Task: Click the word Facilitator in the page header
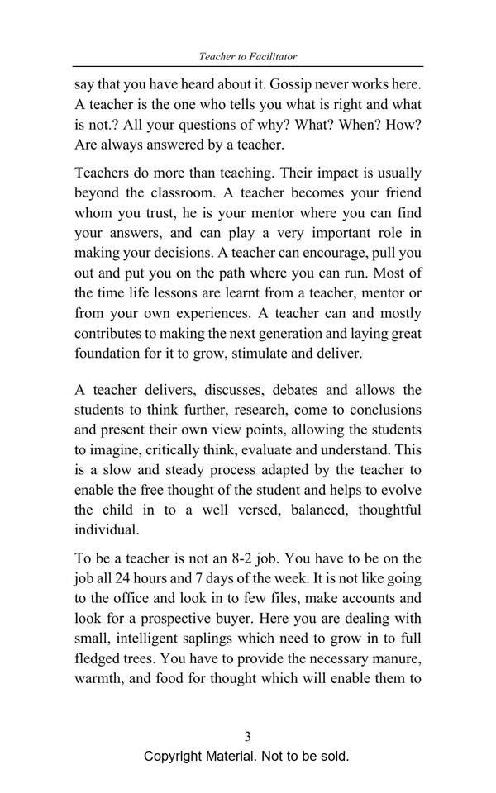pyautogui.click(x=270, y=57)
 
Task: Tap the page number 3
pyautogui.click(x=247, y=736)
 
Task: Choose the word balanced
pyautogui.click(x=312, y=510)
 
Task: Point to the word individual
pyautogui.click(x=107, y=529)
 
